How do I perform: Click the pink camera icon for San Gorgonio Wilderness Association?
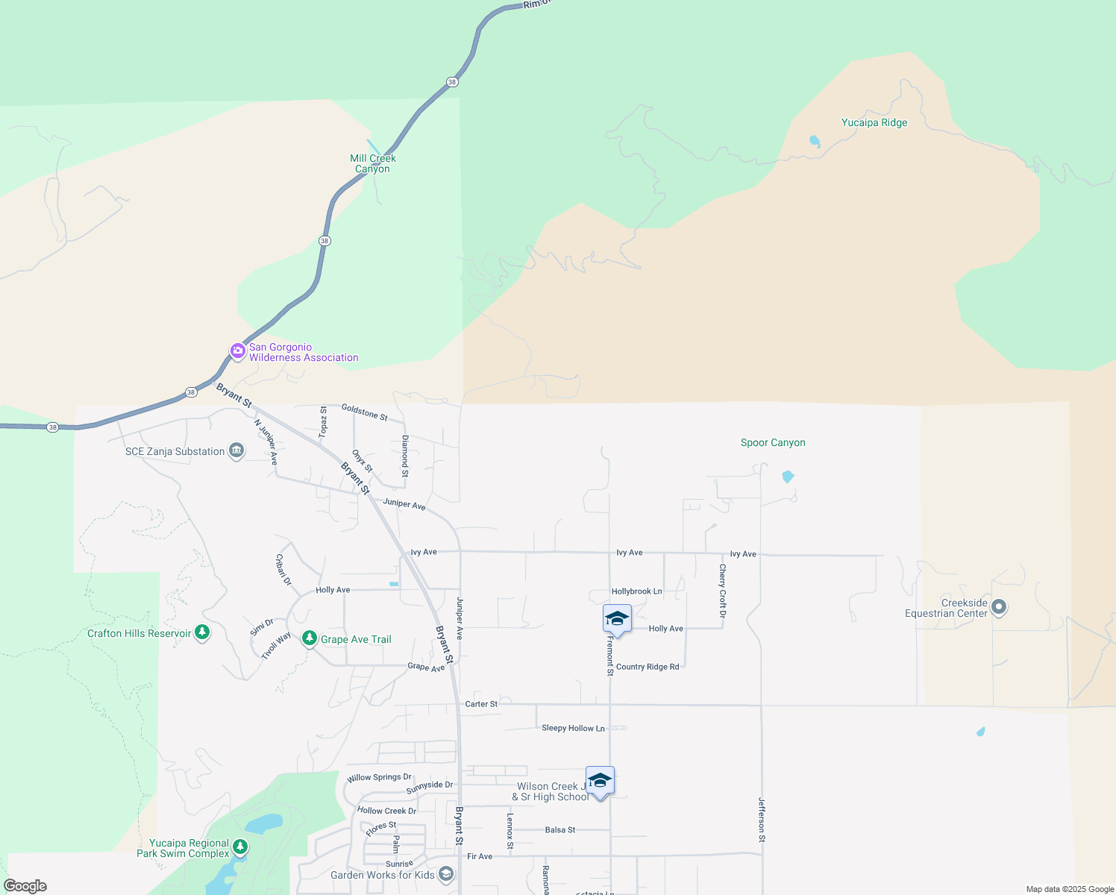238,351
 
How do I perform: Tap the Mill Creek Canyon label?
373,163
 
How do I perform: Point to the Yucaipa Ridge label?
874,123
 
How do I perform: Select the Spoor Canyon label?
773,443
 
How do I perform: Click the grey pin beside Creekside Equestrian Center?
1000,608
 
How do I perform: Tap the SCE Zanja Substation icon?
236,450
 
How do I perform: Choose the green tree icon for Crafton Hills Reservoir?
201,632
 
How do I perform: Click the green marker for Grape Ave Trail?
310,638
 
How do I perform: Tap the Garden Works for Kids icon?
446,874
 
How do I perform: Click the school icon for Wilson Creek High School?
600,781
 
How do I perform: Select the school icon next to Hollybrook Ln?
617,619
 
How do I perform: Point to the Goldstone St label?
364,412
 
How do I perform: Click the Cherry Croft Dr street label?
722,591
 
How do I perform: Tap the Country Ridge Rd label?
648,667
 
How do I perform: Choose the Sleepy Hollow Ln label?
573,728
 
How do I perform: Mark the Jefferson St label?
762,820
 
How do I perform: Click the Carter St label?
481,704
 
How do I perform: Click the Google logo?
25,886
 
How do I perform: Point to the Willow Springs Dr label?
379,777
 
